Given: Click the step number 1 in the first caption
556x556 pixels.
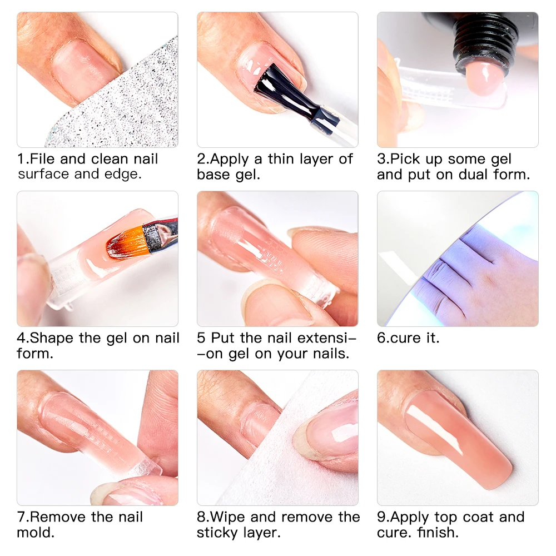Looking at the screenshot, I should click(x=21, y=159).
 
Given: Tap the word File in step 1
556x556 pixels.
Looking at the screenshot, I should click(x=42, y=159).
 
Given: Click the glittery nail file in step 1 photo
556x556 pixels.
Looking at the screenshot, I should click(x=128, y=106).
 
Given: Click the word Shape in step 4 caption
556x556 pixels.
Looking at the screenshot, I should click(x=52, y=338).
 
